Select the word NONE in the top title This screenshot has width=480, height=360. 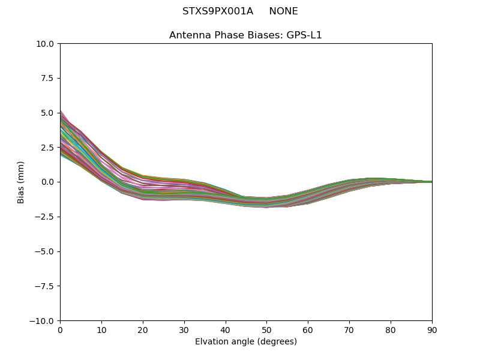click(283, 11)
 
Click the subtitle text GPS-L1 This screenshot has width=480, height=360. click(304, 35)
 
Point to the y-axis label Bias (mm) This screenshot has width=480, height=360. click(21, 182)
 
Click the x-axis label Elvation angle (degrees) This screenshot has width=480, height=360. click(246, 341)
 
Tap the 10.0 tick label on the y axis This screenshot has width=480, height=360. click(46, 44)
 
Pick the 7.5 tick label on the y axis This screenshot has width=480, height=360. click(48, 78)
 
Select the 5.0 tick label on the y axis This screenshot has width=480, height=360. click(48, 113)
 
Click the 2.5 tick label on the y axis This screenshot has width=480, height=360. click(48, 147)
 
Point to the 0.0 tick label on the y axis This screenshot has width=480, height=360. click(48, 182)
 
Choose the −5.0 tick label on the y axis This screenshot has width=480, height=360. click(46, 251)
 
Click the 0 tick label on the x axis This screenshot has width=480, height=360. click(60, 329)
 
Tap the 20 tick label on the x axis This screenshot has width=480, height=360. click(143, 329)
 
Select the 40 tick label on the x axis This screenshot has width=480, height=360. click(226, 329)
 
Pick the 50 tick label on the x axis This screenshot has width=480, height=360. click(266, 329)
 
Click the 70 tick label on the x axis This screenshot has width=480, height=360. click(349, 329)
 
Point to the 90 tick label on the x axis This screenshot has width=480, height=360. click(432, 329)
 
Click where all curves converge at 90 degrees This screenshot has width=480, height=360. click(431, 182)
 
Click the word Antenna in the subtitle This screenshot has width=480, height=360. click(188, 35)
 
